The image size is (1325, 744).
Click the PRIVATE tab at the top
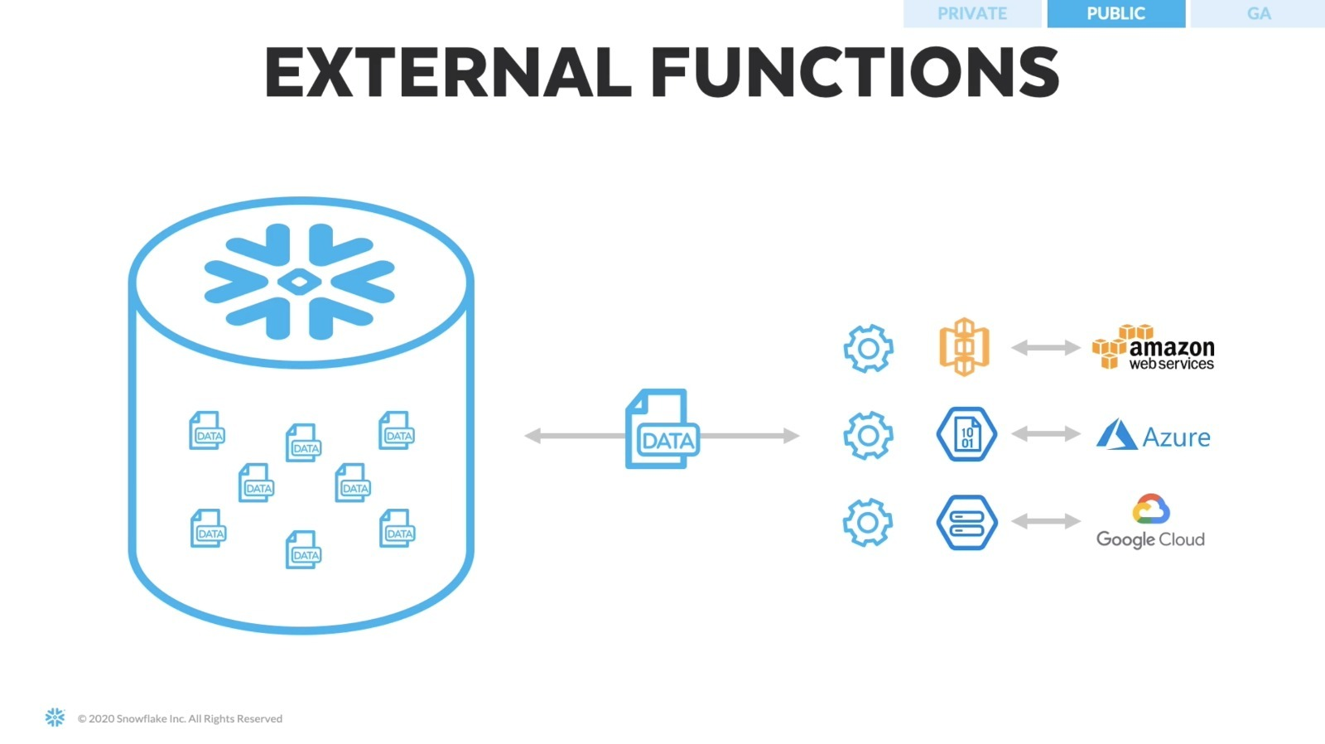point(971,14)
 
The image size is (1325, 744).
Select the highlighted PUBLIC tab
point(1115,14)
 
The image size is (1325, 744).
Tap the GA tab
point(1258,14)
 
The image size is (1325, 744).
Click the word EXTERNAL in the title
point(447,72)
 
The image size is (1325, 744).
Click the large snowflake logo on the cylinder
point(300,282)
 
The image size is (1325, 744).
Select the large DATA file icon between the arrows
point(662,429)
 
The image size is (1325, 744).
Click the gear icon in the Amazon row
point(868,349)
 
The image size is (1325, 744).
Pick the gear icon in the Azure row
point(868,435)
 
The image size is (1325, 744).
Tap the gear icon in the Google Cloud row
point(868,522)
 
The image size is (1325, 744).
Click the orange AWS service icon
point(964,347)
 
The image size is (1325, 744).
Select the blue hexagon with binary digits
point(966,434)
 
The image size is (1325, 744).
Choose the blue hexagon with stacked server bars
point(966,522)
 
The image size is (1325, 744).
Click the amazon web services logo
point(1154,348)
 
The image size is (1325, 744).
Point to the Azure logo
point(1154,435)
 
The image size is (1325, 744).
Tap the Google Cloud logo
point(1151,522)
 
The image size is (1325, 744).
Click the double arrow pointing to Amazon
point(1046,348)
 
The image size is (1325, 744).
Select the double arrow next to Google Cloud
point(1046,521)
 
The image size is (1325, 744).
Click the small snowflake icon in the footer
point(55,717)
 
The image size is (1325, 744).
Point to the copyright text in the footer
point(180,719)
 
